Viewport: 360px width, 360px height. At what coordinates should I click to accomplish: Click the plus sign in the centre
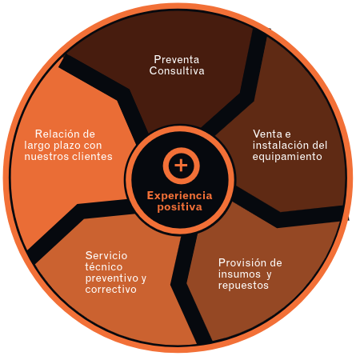[181, 166]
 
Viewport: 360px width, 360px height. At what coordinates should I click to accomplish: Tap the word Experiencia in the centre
[179, 195]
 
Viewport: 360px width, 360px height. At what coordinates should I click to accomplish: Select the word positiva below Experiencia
[179, 207]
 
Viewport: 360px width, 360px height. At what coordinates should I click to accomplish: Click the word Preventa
[177, 59]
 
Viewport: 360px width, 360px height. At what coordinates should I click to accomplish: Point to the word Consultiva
[177, 70]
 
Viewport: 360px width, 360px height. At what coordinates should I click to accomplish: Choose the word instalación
[278, 145]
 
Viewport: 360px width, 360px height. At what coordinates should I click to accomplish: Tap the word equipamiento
[287, 157]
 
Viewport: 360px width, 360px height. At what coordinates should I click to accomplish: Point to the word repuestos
[243, 286]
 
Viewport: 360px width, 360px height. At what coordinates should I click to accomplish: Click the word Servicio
[106, 255]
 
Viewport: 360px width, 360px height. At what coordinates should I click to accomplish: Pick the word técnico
[104, 266]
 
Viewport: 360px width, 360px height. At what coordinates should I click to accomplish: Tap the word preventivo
[112, 278]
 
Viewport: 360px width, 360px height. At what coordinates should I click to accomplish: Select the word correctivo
[111, 290]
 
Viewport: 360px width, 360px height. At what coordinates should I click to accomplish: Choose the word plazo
[67, 146]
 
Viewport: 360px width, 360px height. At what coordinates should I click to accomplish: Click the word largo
[38, 146]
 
